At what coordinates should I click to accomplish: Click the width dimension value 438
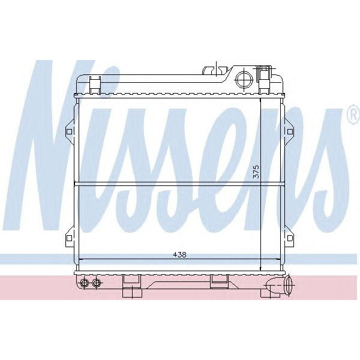click(180, 254)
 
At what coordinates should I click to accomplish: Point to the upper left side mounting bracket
click(69, 131)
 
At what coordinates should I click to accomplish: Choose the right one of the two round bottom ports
click(97, 283)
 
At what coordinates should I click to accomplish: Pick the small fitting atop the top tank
click(211, 70)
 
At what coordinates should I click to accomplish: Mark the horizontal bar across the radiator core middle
click(179, 182)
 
